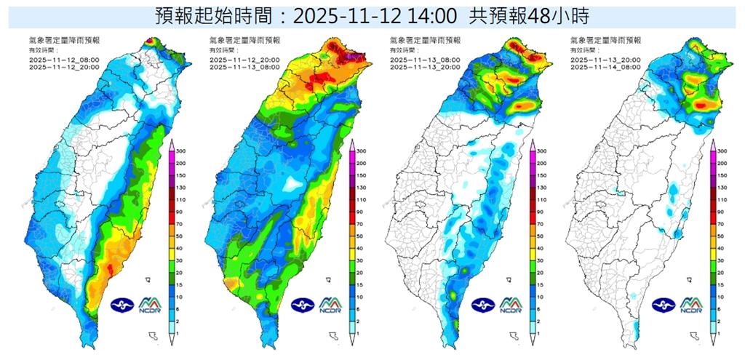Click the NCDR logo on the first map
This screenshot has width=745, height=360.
click(x=151, y=304)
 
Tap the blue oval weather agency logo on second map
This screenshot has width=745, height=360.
click(x=303, y=305)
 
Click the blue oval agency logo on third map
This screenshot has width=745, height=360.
click(x=483, y=305)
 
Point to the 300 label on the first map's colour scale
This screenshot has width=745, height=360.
click(x=177, y=151)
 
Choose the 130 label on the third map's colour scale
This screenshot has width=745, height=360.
click(x=538, y=187)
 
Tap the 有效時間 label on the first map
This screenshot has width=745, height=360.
click(x=38, y=51)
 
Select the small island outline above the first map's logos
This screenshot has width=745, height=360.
click(x=148, y=279)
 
